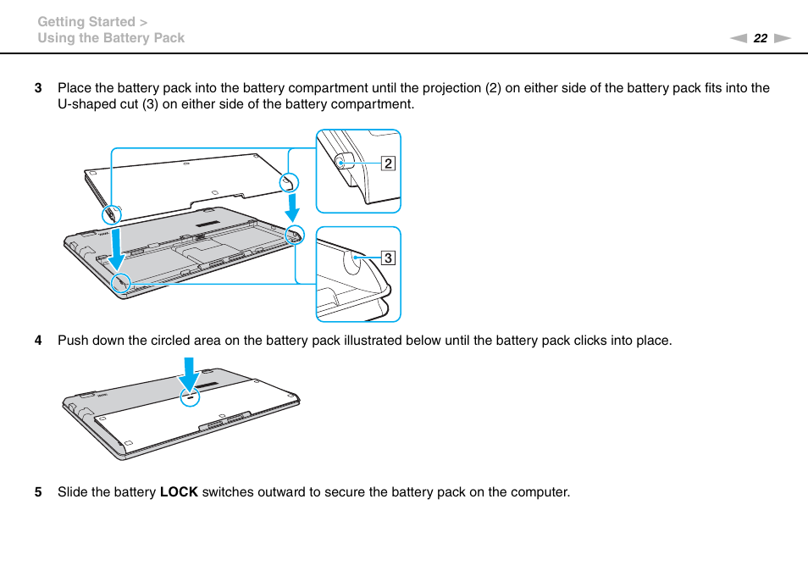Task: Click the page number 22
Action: [x=760, y=38]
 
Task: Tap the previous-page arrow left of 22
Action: [x=739, y=38]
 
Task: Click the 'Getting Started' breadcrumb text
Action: [x=86, y=22]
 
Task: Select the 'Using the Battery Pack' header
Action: [x=111, y=38]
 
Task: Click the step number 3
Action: [x=37, y=88]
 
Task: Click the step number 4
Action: [x=37, y=341]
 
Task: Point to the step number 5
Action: [x=37, y=492]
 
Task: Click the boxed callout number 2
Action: [x=388, y=164]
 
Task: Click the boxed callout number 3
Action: [x=388, y=258]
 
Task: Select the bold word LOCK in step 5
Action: [x=179, y=492]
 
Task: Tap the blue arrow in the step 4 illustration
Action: [x=189, y=374]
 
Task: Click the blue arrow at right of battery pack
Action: [x=291, y=207]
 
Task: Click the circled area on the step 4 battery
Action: [x=190, y=396]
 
